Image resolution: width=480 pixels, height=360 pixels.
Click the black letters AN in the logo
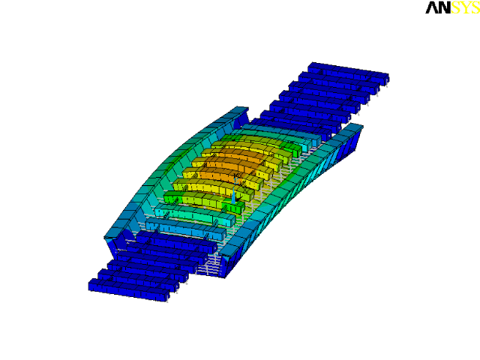[x=438, y=7]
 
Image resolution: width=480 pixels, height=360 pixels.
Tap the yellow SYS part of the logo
[x=466, y=7]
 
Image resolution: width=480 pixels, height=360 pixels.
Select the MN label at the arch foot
[x=229, y=263]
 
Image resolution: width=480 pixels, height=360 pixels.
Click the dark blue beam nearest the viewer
[x=129, y=289]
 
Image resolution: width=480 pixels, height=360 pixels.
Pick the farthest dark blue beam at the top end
[x=348, y=73]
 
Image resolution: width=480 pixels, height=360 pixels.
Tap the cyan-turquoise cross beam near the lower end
[x=195, y=215]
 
